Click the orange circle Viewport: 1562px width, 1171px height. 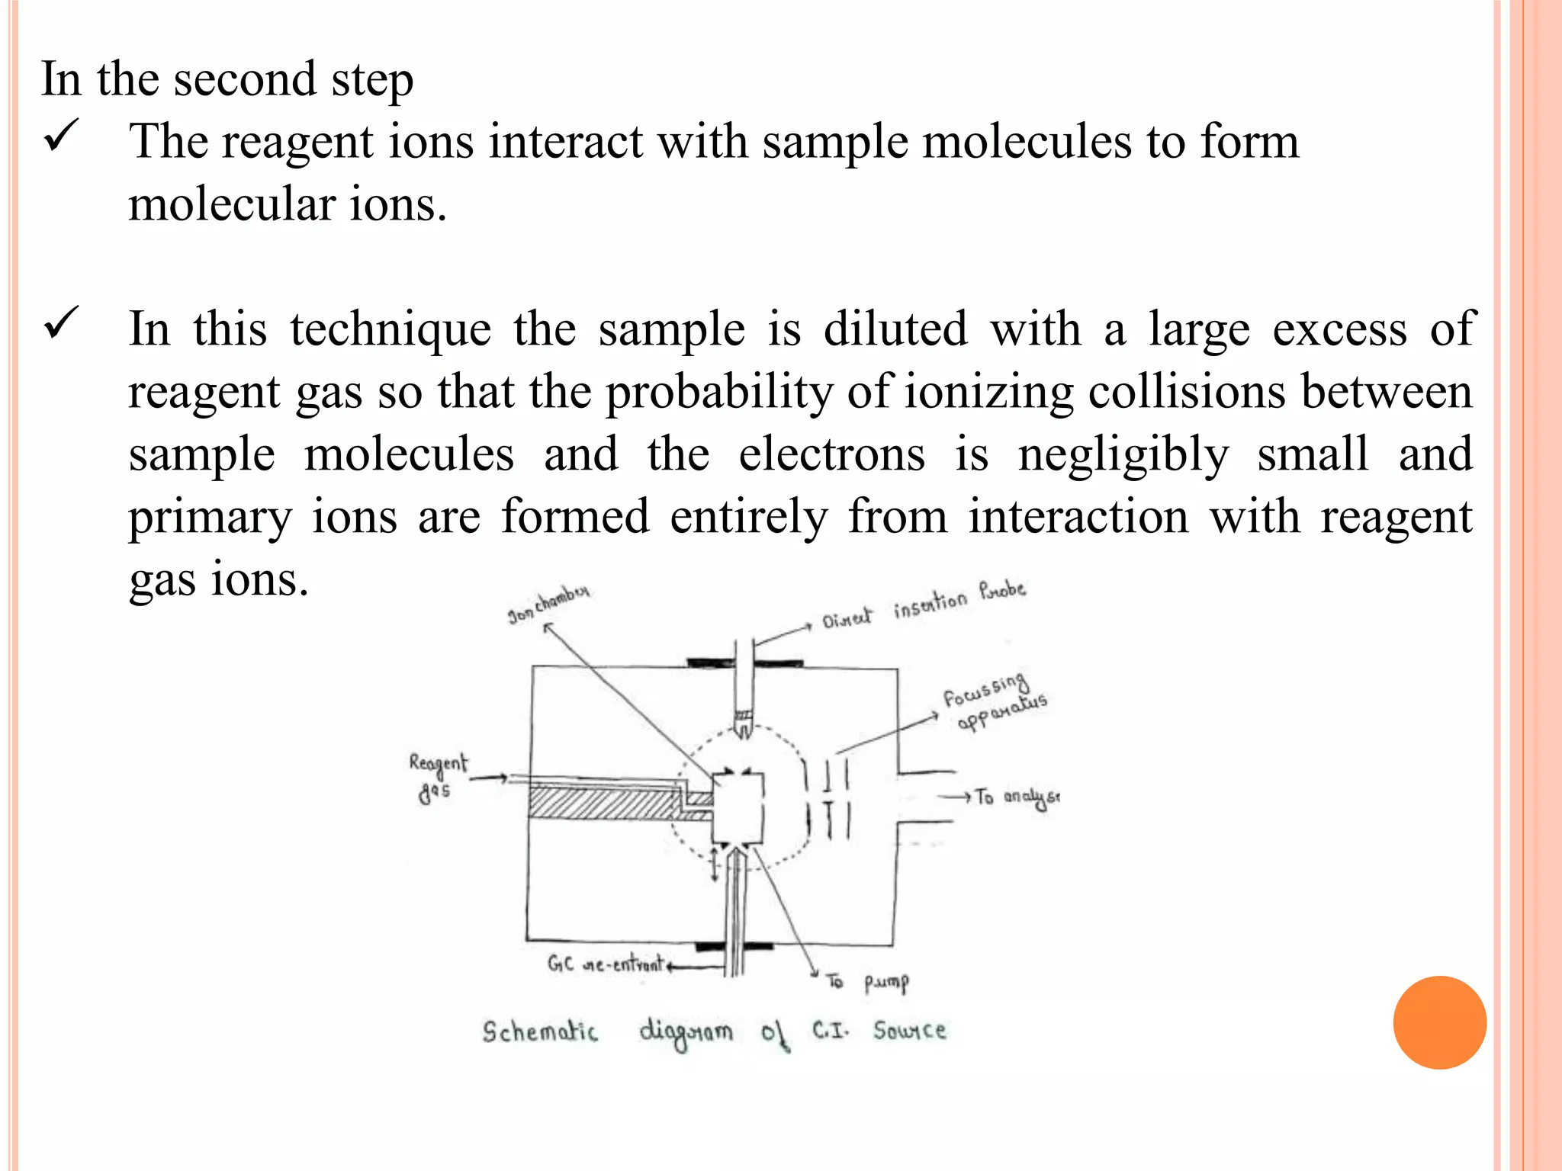tap(1439, 1022)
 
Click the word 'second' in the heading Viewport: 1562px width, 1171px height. tap(244, 79)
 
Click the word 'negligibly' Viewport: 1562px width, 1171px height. tap(1123, 456)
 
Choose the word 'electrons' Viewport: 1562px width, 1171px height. tap(831, 454)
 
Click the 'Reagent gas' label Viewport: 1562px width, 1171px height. tap(437, 777)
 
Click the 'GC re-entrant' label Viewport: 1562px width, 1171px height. tap(606, 964)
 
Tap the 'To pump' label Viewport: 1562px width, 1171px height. tap(868, 982)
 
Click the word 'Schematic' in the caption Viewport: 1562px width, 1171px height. tap(540, 1031)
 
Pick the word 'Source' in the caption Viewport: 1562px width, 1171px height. tap(910, 1031)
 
